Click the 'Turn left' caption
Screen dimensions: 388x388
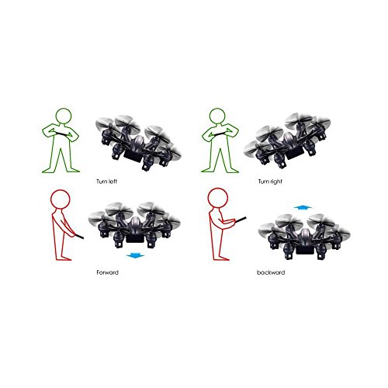point(106,182)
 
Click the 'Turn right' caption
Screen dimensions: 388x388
point(270,182)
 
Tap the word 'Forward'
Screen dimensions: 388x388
point(107,272)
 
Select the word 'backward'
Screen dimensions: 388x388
point(271,272)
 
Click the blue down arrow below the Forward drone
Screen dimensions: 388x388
point(135,256)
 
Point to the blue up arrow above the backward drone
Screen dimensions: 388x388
point(303,207)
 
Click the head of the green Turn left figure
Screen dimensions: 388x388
point(64,116)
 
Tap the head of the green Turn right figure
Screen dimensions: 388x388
point(217,116)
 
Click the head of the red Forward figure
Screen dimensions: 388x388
point(61,199)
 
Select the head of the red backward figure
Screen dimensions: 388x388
point(218,198)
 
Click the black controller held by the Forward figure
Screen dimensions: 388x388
point(79,236)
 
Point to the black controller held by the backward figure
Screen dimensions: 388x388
point(240,220)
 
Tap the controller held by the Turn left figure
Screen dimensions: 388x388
point(63,133)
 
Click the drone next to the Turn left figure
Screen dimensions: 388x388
point(138,143)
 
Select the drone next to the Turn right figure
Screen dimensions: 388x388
point(287,141)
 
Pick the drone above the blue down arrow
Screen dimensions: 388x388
point(134,225)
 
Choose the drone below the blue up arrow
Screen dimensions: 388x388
point(304,237)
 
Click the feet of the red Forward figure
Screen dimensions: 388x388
point(64,258)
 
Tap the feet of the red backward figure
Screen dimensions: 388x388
point(221,258)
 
